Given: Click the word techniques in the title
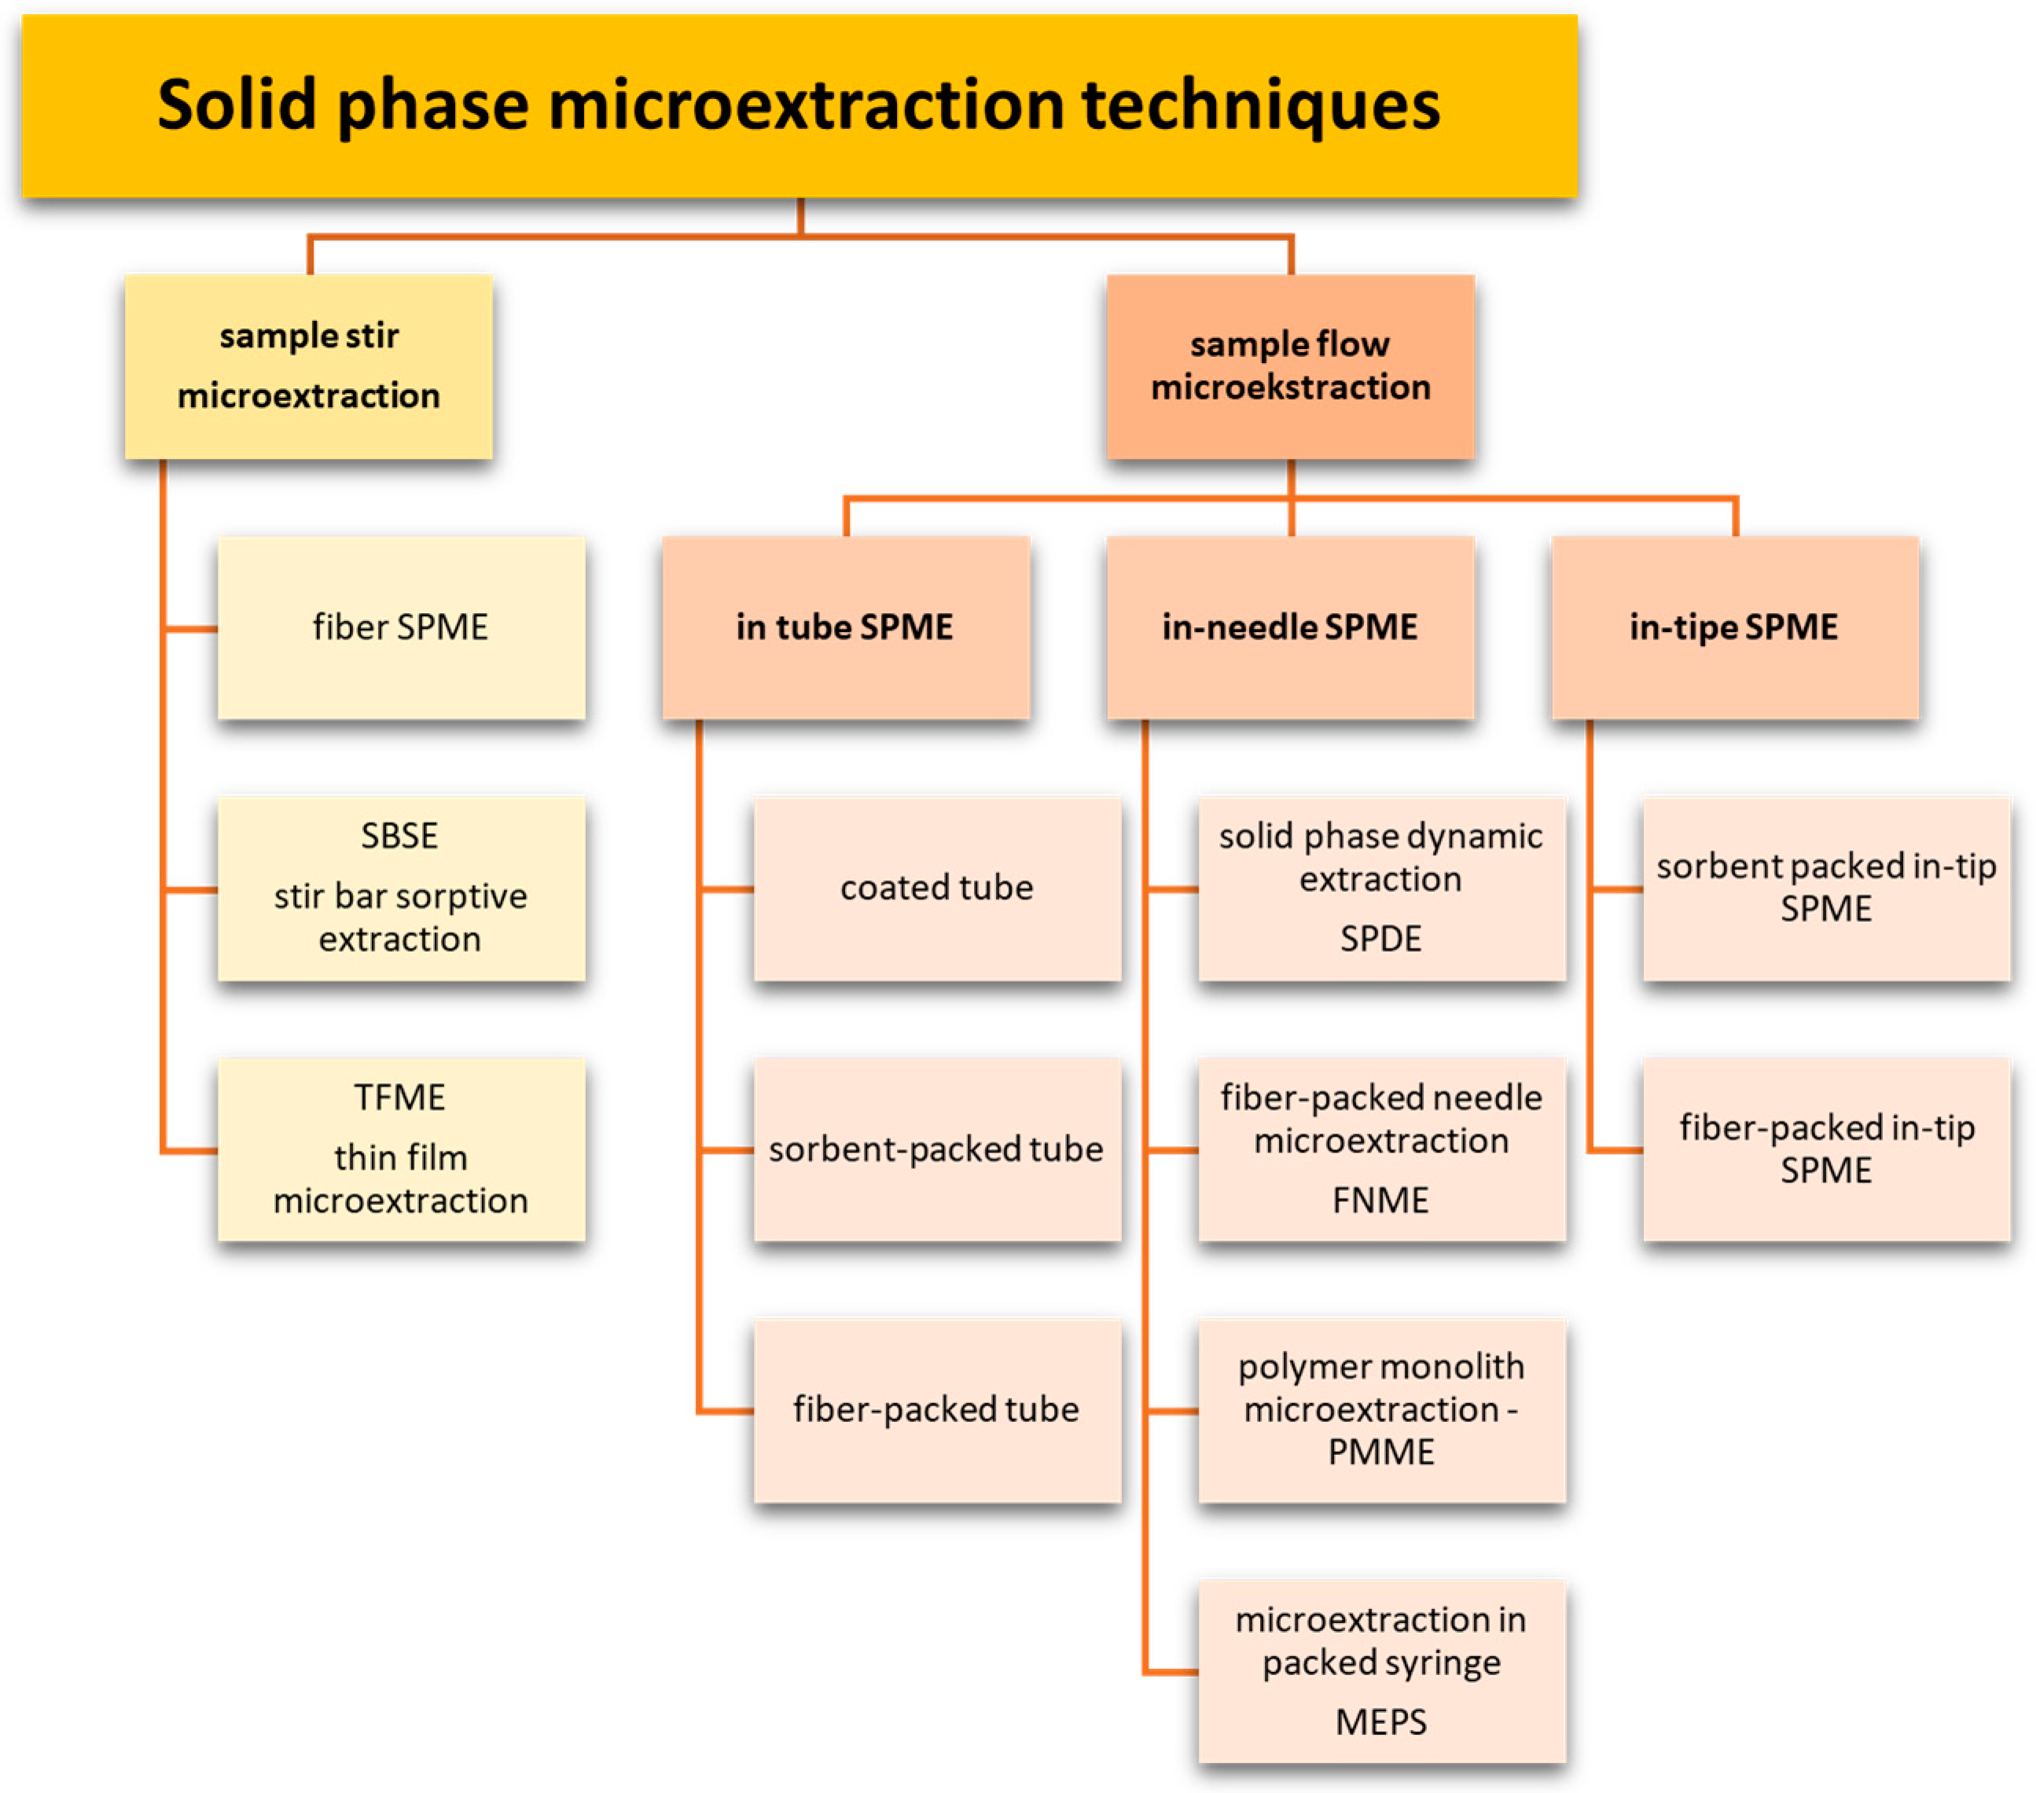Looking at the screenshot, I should tap(1261, 105).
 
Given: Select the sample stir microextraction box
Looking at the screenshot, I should tap(309, 366).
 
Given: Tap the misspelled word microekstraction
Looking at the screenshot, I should tap(1290, 388).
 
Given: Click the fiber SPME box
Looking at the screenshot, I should tap(400, 627).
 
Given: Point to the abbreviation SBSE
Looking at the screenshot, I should tap(399, 836).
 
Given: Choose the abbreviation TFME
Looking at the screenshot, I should tap(399, 1097).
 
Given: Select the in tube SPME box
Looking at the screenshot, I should tap(845, 627).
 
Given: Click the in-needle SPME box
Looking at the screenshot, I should tap(1290, 627).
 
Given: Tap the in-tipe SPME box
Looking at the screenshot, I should tap(1734, 627).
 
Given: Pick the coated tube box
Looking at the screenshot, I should tap(936, 887).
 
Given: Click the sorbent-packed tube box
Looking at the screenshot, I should tap(936, 1148).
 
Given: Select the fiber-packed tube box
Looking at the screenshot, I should tap(936, 1409).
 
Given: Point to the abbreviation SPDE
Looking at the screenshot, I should tap(1380, 939).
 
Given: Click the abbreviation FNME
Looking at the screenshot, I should tap(1380, 1200).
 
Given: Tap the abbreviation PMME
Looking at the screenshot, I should tap(1380, 1453).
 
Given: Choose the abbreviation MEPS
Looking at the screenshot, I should tap(1380, 1721).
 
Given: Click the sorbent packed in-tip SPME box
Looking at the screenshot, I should tap(1826, 887).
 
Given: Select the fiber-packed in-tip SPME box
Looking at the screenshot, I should tap(1826, 1148).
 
